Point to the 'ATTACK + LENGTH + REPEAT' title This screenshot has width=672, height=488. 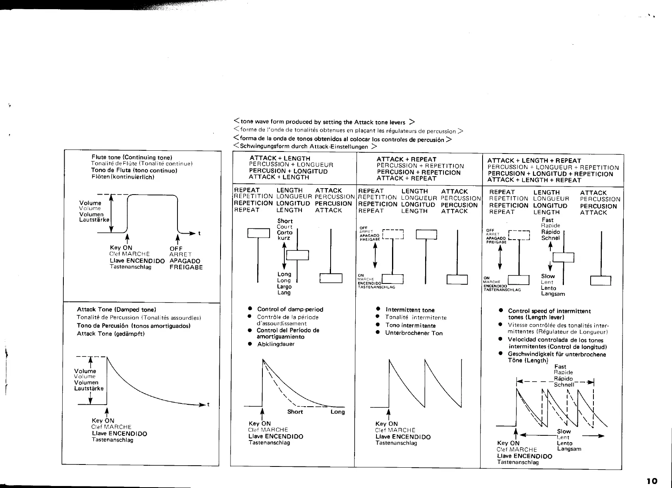tap(534, 161)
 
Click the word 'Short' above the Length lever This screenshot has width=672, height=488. tap(285, 221)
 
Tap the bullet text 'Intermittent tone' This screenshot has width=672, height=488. tap(410, 310)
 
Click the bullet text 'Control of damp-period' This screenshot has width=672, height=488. tap(290, 309)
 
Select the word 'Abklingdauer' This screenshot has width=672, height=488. tap(276, 344)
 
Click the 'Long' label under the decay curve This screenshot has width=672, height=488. tap(337, 412)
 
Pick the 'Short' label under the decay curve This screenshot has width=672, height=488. tap(295, 412)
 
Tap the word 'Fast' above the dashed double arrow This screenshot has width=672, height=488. tap(560, 367)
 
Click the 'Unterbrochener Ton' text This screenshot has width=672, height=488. tap(414, 333)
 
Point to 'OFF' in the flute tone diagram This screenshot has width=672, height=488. tap(176, 248)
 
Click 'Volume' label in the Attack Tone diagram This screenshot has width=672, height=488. tap(85, 371)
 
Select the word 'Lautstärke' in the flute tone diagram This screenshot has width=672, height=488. tap(94, 220)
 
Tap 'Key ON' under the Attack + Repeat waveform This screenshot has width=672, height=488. tap(386, 424)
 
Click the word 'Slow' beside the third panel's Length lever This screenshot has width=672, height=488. tap(548, 276)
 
